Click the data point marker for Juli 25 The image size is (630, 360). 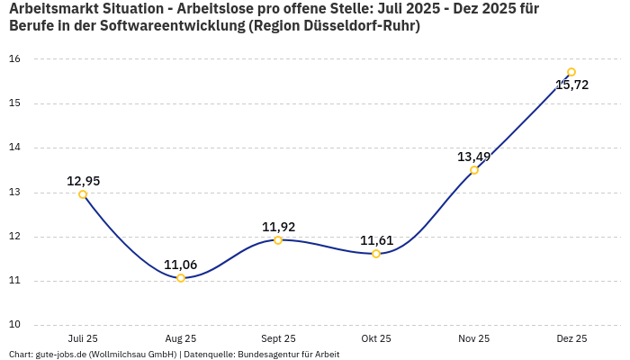(83, 194)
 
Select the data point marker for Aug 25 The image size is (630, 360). (181, 278)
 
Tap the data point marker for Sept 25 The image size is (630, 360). (278, 240)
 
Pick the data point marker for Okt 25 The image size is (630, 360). (376, 254)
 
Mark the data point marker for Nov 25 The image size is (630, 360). (474, 170)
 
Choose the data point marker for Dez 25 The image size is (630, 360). (571, 72)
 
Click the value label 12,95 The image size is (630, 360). (83, 181)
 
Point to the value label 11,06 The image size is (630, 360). (180, 265)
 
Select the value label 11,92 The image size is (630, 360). (278, 227)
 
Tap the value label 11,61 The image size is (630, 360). (376, 240)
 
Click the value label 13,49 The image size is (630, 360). (473, 157)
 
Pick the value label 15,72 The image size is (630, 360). (571, 85)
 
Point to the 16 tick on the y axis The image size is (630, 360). (14, 59)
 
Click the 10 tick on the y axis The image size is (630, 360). (14, 325)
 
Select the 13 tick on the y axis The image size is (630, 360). (14, 193)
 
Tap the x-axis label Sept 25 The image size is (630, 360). (278, 338)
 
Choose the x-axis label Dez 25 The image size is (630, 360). (571, 338)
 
